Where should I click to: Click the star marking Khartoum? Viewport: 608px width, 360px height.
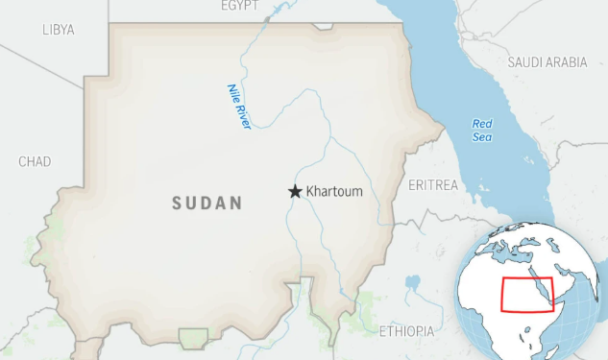(295, 192)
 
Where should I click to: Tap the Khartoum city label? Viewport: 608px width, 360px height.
(334, 192)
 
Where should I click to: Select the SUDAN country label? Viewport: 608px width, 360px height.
(207, 204)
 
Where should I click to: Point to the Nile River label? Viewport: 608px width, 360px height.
(239, 106)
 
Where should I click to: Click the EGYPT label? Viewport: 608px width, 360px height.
(240, 6)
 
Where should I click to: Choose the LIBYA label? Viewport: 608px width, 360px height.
(59, 30)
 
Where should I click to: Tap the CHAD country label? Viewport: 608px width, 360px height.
(35, 161)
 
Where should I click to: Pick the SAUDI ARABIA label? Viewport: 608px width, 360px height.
(547, 62)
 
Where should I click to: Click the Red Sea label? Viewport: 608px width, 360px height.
(481, 131)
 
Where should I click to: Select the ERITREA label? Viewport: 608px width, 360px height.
(433, 184)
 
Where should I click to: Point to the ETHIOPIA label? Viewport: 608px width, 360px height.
(406, 331)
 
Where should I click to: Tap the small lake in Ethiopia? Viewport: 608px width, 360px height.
(413, 284)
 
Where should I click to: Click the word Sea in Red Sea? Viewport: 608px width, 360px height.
(481, 137)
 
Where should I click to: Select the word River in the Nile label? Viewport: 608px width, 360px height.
(244, 116)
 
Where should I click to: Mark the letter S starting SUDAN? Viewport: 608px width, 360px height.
(178, 204)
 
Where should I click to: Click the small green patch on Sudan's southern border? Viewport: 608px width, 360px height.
(193, 337)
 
